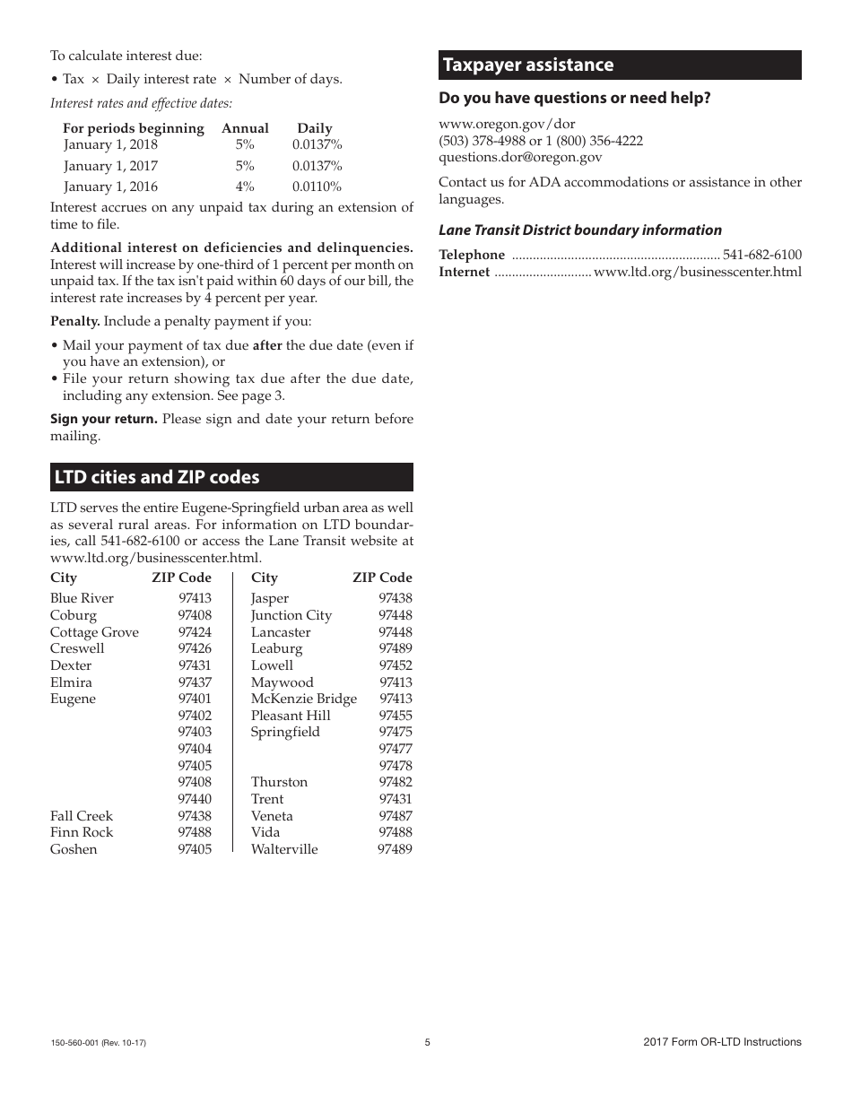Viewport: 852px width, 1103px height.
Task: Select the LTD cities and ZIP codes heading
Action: click(x=157, y=477)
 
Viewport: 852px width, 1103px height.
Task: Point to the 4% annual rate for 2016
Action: click(x=245, y=187)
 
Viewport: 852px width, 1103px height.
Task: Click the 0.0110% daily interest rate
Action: click(x=317, y=187)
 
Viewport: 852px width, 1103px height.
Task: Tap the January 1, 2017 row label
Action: click(x=110, y=166)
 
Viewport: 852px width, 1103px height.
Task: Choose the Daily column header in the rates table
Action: click(x=315, y=128)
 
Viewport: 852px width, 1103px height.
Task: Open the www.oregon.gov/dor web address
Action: click(x=507, y=124)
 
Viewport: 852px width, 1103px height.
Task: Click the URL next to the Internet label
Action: click(x=697, y=272)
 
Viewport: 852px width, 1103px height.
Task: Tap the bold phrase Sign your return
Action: click(x=103, y=419)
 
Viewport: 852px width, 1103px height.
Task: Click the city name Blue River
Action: click(x=82, y=598)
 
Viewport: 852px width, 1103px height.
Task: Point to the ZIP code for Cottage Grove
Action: click(x=195, y=632)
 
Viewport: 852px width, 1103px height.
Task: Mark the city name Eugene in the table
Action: click(x=73, y=699)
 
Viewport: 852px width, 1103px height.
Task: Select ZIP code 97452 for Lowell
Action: click(x=396, y=665)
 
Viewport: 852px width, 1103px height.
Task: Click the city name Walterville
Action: click(x=284, y=849)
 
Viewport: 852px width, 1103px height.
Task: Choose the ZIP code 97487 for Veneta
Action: click(x=396, y=816)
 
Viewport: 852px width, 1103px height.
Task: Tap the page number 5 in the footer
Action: click(x=427, y=1042)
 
